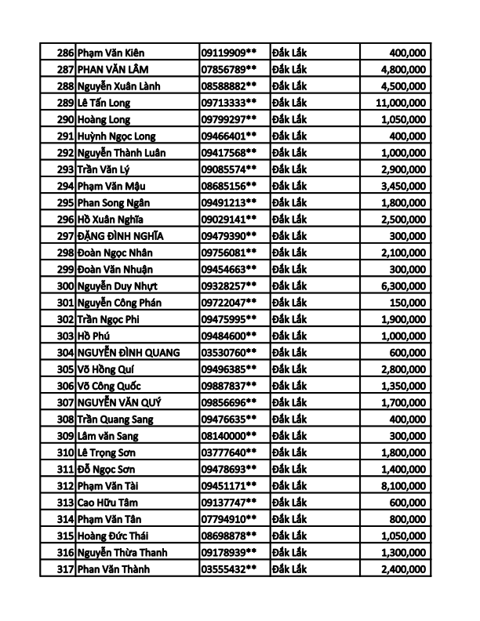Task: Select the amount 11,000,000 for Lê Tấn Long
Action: coord(401,103)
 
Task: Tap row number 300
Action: coord(65,285)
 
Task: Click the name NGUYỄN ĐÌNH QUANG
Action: coord(129,352)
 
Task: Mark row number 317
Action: coord(65,568)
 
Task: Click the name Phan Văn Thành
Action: coord(114,568)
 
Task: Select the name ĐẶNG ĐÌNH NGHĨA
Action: coord(121,236)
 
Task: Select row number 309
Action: coord(65,435)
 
